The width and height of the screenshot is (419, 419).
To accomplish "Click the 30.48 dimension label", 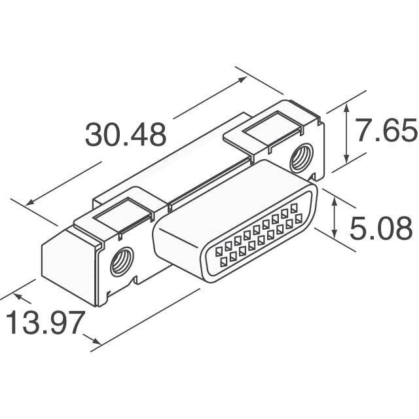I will [x=126, y=135].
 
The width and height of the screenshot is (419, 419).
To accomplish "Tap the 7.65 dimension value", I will [x=386, y=132].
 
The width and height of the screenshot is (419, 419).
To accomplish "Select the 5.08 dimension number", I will [x=382, y=229].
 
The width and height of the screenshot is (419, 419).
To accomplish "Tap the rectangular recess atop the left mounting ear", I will [x=118, y=213].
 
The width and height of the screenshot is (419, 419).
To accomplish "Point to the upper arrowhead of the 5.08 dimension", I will [x=335, y=201].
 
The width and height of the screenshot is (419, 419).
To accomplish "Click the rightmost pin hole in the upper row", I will [x=293, y=211].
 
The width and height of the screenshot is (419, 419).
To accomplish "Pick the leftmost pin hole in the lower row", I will [x=224, y=263].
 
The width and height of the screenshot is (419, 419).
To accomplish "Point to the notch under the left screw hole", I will [x=135, y=282].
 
